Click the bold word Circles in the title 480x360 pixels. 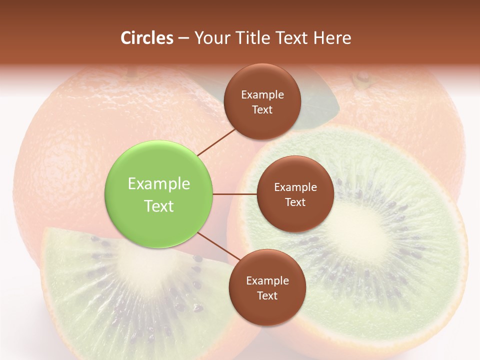pos(147,38)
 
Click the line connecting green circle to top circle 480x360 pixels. pos(216,141)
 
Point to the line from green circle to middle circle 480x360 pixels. pos(235,194)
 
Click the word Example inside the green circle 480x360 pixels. pos(159,184)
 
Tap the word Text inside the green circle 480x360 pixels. pos(159,206)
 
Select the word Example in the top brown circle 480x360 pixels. pos(262,95)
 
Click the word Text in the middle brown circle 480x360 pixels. pos(295,202)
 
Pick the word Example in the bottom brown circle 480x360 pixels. pos(267,281)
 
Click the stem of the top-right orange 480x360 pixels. pos(361,78)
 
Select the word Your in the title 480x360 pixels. pos(210,38)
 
